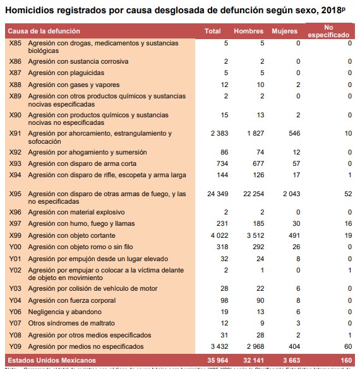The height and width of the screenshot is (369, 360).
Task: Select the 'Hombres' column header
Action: coord(248,32)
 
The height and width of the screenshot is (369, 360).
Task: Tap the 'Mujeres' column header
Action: coord(284,32)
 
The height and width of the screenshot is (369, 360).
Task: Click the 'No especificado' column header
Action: coord(328,32)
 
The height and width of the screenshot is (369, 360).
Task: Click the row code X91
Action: coord(16,134)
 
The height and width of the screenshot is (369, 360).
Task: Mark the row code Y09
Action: coord(16,346)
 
